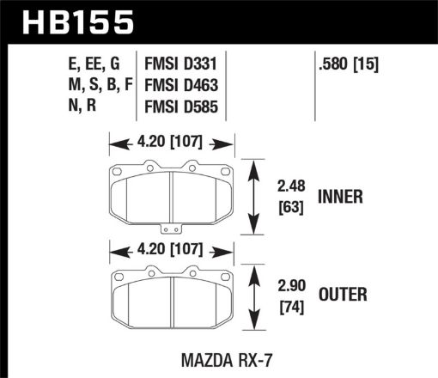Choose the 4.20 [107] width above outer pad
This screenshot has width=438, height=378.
click(172, 253)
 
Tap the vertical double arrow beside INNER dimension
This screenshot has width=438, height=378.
click(255, 197)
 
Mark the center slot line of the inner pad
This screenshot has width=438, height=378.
click(173, 197)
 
